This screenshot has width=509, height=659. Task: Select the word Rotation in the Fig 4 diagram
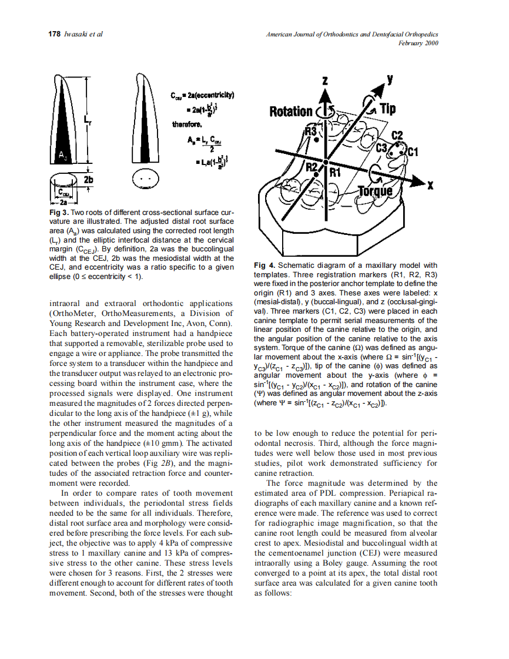coord(291,112)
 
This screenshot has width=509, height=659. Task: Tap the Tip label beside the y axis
coord(388,109)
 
